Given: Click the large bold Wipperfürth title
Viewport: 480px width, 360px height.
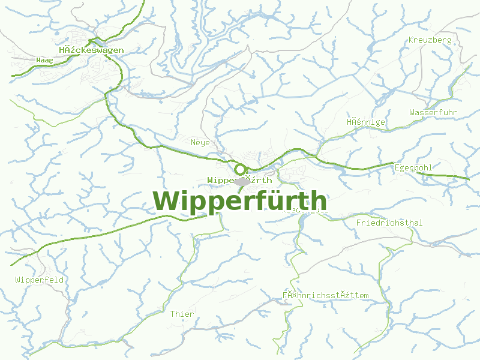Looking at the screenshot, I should point(240,201).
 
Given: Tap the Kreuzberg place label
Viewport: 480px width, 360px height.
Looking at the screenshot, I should point(429,40).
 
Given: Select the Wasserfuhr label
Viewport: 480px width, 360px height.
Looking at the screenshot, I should point(433,113).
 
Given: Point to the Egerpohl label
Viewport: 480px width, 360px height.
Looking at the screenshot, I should point(413,168).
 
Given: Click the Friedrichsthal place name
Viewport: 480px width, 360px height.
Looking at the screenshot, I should point(389,223).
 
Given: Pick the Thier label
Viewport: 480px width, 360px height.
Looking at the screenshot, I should point(182,314).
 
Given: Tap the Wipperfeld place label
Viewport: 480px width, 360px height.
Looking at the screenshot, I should point(40,280).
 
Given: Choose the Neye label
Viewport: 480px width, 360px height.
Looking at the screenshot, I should point(200,143).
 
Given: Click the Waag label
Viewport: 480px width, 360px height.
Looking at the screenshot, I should point(44,61).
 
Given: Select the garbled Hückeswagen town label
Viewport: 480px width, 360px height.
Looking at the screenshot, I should point(91,50).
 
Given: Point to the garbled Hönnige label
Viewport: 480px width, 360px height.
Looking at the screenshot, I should point(365,122).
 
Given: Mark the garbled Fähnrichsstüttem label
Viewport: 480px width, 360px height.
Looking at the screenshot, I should point(325,296).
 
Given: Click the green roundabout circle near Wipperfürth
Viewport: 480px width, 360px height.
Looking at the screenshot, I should point(241,170).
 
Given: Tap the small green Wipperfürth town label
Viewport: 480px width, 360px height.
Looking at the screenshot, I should point(239,180).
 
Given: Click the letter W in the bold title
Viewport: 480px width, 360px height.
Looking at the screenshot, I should point(166,201).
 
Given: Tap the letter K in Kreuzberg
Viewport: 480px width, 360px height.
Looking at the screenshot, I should point(411,40).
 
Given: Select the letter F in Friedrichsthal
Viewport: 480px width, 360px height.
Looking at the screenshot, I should point(359,223).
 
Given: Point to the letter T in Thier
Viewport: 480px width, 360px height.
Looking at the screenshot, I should point(173,314).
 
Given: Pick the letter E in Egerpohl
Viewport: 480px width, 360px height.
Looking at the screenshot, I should point(397,168).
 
